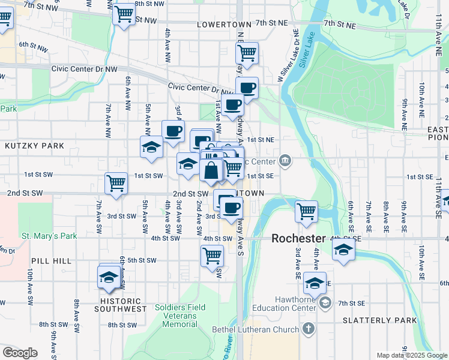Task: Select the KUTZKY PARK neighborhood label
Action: (26, 146)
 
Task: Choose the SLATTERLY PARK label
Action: (379, 320)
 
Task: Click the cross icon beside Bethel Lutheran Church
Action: (308, 329)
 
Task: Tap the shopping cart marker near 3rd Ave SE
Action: (306, 211)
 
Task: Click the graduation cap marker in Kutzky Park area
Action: (152, 148)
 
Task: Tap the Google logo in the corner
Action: (20, 353)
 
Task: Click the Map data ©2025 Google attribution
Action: (411, 355)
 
